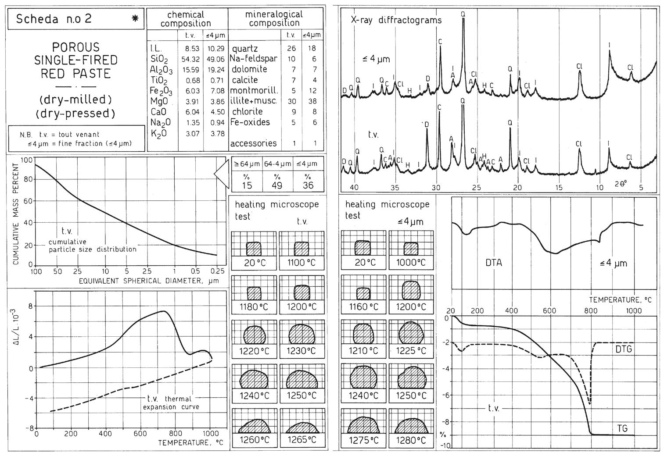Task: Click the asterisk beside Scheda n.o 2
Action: pos(134,18)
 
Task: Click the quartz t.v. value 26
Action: pos(291,48)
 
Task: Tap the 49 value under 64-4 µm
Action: pos(277,185)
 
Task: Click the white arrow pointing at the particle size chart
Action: pos(222,175)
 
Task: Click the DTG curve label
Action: pos(623,349)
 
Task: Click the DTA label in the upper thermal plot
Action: pos(494,263)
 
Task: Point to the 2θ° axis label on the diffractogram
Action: pos(621,184)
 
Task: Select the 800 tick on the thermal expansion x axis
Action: pos(176,434)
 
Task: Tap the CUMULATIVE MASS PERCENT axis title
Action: pos(16,214)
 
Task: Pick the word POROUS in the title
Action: pos(76,47)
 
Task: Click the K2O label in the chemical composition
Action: pos(159,133)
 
